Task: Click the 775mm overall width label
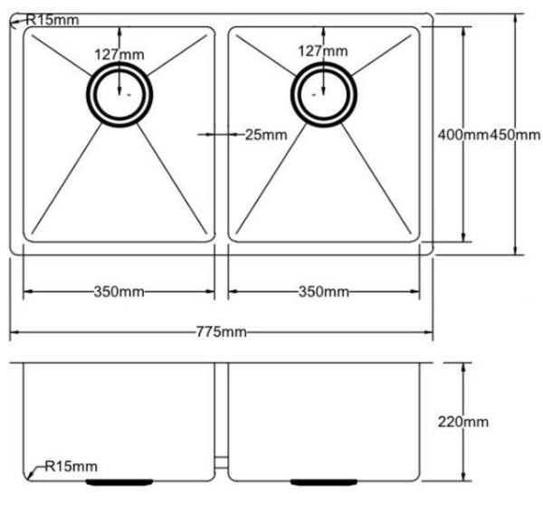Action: [220, 332]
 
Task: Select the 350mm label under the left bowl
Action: [118, 291]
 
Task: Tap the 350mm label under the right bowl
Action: [323, 291]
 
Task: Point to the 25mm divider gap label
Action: [265, 135]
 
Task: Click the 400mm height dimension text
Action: [462, 135]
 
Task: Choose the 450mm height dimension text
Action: [515, 135]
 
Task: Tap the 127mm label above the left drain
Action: [119, 53]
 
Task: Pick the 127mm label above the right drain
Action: [323, 53]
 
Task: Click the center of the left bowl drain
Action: [119, 93]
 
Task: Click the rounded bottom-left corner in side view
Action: [27, 474]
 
